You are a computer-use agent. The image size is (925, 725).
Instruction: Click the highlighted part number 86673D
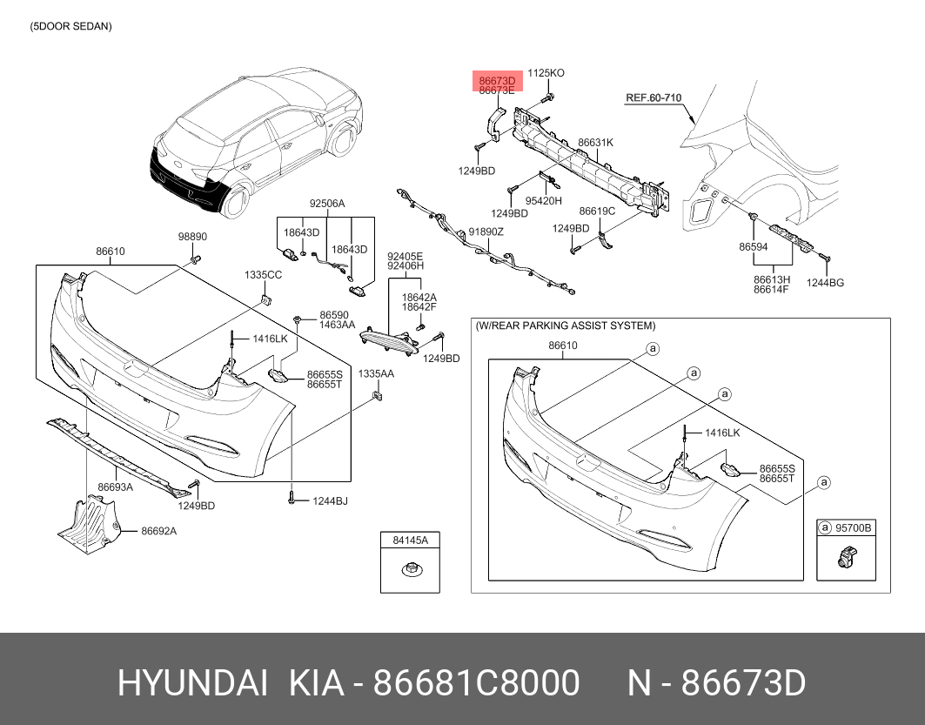(x=497, y=80)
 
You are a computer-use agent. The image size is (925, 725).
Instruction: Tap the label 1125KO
(x=546, y=73)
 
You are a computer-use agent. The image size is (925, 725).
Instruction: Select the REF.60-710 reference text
(x=654, y=97)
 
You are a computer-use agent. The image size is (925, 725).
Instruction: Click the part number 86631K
(x=595, y=142)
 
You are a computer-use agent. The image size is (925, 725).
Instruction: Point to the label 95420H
(x=543, y=200)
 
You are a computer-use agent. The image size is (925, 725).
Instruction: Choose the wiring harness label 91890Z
(x=486, y=232)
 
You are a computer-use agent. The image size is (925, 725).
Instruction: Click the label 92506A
(x=327, y=204)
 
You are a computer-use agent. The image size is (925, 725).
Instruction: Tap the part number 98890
(x=192, y=237)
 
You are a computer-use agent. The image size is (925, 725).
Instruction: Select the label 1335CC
(x=263, y=275)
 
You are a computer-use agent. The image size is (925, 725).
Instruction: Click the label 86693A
(x=115, y=487)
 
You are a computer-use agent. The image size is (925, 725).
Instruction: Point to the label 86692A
(x=158, y=531)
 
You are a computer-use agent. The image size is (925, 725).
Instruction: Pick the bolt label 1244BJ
(x=330, y=500)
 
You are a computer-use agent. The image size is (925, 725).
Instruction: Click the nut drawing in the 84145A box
(x=409, y=570)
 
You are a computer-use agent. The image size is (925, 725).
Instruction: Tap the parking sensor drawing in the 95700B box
(x=847, y=556)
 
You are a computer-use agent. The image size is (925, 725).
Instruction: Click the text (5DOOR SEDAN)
(x=70, y=26)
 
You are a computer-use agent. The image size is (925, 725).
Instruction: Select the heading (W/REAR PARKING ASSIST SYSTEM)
(x=565, y=326)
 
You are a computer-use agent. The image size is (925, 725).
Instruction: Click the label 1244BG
(x=825, y=283)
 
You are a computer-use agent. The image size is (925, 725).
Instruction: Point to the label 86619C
(x=596, y=211)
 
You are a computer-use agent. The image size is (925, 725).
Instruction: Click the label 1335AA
(x=376, y=373)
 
